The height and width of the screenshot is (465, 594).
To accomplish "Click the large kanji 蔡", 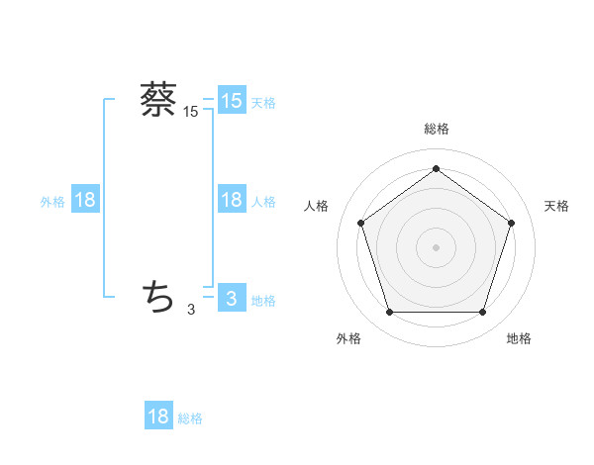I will pos(158,99).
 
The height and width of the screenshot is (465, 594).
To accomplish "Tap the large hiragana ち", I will pos(158,295).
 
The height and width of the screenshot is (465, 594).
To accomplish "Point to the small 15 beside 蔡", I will pos(191,113).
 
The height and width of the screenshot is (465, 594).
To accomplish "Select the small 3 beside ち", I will pos(191,310).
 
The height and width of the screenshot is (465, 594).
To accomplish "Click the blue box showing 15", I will pos(231,101).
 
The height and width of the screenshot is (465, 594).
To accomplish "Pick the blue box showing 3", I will pos(231,298).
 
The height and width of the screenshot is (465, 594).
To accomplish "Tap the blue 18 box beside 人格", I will pos(231,200).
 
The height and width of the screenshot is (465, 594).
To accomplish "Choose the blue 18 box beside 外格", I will pos(85,200).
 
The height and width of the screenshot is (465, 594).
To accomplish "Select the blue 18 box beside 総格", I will pos(158,417).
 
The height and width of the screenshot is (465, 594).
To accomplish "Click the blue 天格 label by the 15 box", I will pos(263,102).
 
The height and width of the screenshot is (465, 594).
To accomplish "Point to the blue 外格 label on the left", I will pos(52,201).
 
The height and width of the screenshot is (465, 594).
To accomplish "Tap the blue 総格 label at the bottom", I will pos(190,418).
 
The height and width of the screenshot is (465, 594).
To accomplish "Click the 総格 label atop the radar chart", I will pos(436,129).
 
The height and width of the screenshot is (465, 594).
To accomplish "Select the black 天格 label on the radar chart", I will pos(556,206).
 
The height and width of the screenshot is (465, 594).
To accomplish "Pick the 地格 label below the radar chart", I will pos(519,339).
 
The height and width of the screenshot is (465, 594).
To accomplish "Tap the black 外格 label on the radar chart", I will pos(348,339).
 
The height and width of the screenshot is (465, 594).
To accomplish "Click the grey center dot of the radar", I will pos(436,246).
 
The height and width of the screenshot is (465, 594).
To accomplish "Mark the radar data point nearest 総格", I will pos(436,168).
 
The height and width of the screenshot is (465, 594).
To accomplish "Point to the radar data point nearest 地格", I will pos(482,313).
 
